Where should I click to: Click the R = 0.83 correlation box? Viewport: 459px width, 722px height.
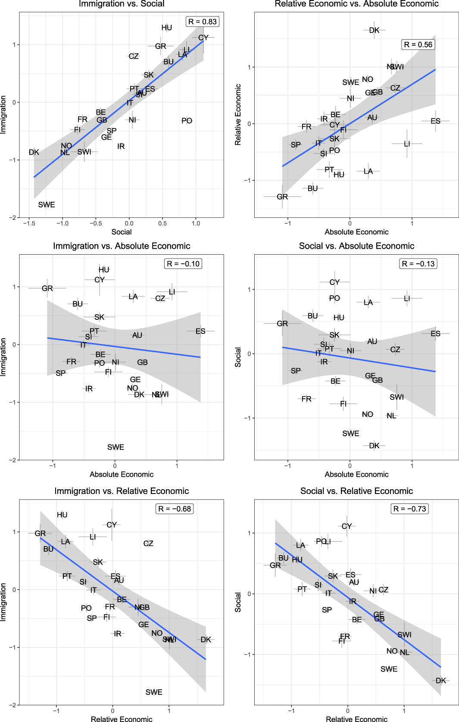pos(203,22)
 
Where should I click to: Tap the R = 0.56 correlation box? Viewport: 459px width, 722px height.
pos(418,44)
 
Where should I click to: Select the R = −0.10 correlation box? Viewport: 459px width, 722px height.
pos(183,264)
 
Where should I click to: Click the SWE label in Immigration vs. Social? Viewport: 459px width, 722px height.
pos(47,205)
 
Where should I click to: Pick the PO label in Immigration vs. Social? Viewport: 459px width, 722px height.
pos(187,121)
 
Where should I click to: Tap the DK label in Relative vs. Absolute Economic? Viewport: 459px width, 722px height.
pos(374,30)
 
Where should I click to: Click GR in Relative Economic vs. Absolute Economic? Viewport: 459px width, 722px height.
pos(282,197)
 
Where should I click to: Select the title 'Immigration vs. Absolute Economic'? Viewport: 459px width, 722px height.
pos(122,246)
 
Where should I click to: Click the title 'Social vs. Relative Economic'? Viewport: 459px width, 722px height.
pos(356,491)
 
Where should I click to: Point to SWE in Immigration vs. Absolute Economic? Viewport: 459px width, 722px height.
pos(116,447)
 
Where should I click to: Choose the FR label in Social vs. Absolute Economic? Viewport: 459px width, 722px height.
pos(306,399)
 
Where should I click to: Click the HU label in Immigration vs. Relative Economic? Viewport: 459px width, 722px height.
pos(62,515)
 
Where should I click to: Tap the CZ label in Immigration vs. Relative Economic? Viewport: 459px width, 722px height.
pos(148,543)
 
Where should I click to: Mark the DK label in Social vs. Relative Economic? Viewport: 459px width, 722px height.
pos(441,680)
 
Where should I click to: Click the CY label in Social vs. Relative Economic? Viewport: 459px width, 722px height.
pos(347,526)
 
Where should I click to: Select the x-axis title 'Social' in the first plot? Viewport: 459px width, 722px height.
pos(122,232)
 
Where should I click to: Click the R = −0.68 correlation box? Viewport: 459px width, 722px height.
pos(175,509)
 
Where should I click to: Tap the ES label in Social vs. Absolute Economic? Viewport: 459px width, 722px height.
pos(435,334)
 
